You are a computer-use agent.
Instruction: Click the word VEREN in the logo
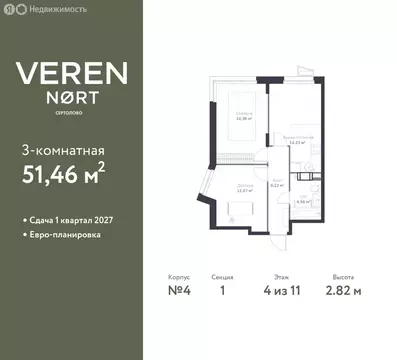pyautogui.click(x=68, y=72)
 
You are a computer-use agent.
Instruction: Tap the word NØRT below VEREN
pyautogui.click(x=68, y=99)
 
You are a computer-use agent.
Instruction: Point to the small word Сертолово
pyautogui.click(x=68, y=114)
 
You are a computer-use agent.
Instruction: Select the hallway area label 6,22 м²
pyautogui.click(x=276, y=184)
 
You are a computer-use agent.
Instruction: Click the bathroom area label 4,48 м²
pyautogui.click(x=305, y=199)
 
